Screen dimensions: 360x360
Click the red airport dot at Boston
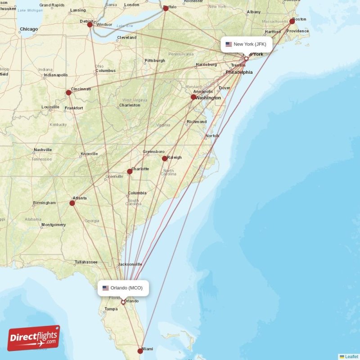pos(292,21)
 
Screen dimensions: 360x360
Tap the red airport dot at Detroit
pos(90,24)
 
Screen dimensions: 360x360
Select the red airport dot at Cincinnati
pos(68,93)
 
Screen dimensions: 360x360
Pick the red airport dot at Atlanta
pos(72,203)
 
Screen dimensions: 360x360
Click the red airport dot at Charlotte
pos(130,171)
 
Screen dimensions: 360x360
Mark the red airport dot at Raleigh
pos(165,158)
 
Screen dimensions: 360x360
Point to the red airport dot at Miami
pos(140,351)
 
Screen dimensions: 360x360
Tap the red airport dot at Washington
pos(193,97)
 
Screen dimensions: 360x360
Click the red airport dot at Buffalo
pos(166,8)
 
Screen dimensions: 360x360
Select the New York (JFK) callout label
pos(246,44)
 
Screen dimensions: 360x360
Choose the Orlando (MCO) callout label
pos(123,288)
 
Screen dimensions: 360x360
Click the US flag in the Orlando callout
pos(106,288)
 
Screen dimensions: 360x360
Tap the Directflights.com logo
pos(34,338)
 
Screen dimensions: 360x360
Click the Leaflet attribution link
pos(351,356)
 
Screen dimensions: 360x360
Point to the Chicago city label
pos(29,29)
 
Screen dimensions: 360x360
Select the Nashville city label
pos(43,150)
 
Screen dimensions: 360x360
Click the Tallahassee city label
pos(86,262)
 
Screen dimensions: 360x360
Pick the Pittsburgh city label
pos(155,61)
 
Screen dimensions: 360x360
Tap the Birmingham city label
pos(45,203)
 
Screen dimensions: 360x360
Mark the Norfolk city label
pos(212,136)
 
